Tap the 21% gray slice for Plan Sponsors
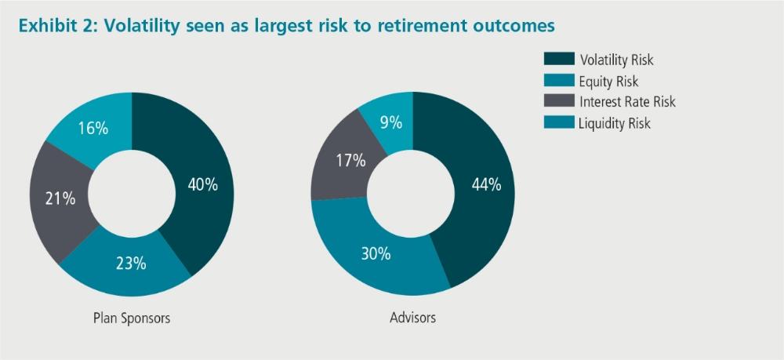pyautogui.click(x=60, y=200)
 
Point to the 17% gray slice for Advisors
pyautogui.click(x=344, y=162)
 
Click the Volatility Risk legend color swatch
pyautogui.click(x=559, y=59)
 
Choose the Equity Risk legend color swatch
pyautogui.click(x=559, y=80)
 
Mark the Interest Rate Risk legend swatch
pyautogui.click(x=559, y=101)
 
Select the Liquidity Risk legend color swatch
pyautogui.click(x=559, y=122)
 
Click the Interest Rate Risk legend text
pyautogui.click(x=627, y=101)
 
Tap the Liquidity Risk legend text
pyautogui.click(x=615, y=123)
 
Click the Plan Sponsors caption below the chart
pyautogui.click(x=132, y=318)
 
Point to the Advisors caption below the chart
pyautogui.click(x=412, y=317)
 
